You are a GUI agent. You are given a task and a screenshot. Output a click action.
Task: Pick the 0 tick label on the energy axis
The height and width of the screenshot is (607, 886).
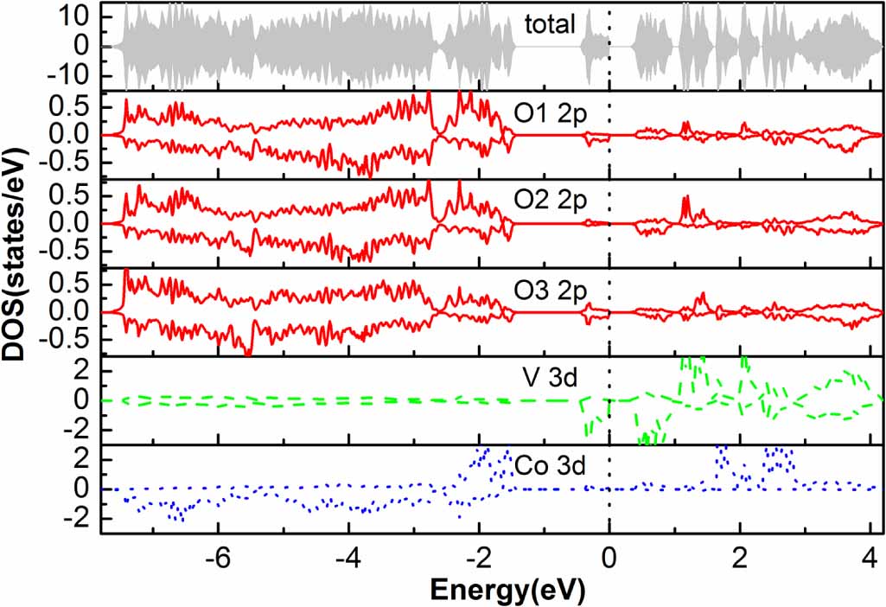pos(609,555)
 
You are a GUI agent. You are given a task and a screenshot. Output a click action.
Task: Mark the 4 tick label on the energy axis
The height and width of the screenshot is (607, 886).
pos(870,555)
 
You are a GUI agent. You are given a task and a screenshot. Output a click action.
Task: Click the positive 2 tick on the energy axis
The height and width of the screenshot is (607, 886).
pos(740,555)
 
